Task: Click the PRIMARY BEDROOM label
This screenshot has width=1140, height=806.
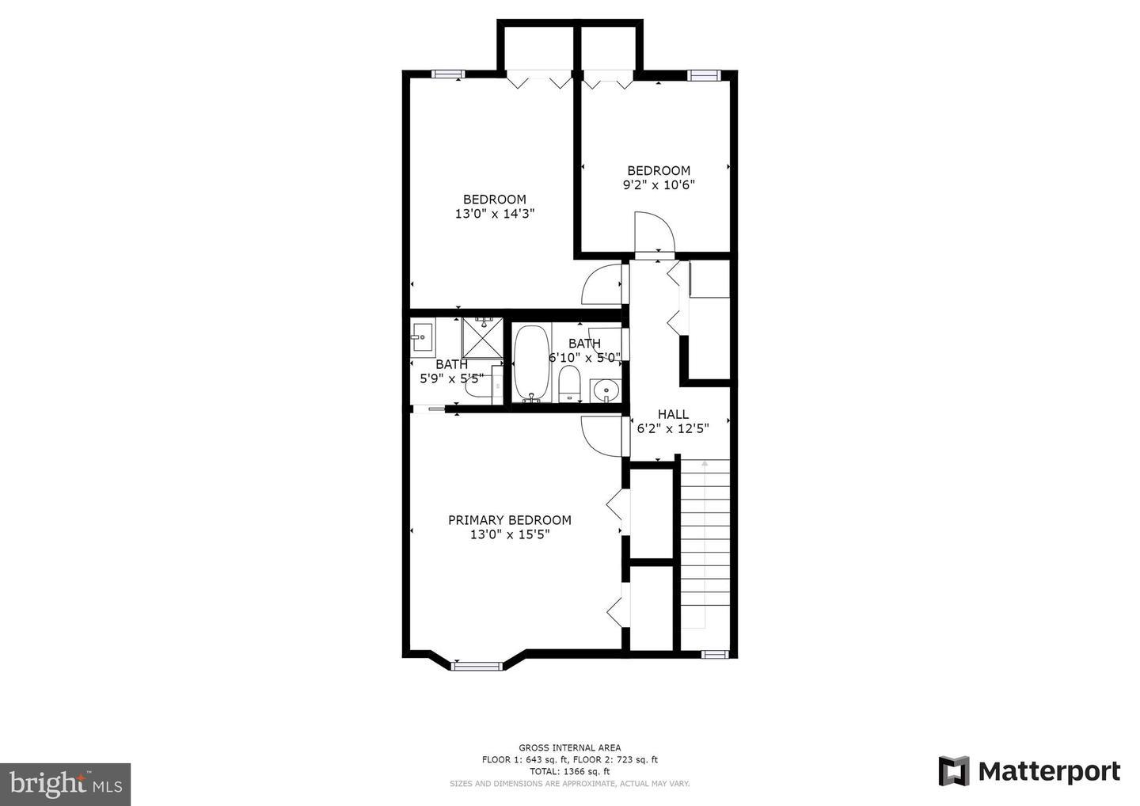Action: pos(510,520)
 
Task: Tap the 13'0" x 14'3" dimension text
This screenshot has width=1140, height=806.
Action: pos(495,214)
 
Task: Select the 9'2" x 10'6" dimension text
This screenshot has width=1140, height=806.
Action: pos(659,184)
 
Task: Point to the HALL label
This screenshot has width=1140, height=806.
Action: pos(673,414)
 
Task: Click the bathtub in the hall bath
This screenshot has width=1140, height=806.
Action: pos(531,363)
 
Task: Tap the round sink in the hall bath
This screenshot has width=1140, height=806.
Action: pos(606,390)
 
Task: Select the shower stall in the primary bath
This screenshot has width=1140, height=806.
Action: pos(482,338)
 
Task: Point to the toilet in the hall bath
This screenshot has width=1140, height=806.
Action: pos(570,384)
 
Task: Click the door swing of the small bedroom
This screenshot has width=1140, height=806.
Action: pos(655,231)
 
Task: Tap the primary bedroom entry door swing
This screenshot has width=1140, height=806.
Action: pos(601,436)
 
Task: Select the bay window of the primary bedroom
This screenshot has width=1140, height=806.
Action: pos(477,666)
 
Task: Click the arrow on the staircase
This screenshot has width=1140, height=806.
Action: pos(705,545)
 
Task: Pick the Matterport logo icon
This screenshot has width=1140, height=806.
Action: pos(953,771)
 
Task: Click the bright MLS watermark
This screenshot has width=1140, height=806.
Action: pos(65,784)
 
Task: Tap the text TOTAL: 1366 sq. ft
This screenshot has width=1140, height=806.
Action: pos(569,771)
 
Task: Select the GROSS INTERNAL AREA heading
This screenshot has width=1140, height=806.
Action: pos(569,747)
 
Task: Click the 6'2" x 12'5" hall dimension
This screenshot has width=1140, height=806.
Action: pos(673,428)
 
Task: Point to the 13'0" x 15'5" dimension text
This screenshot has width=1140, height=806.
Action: pos(510,534)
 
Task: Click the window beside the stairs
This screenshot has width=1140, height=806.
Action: pos(715,654)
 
